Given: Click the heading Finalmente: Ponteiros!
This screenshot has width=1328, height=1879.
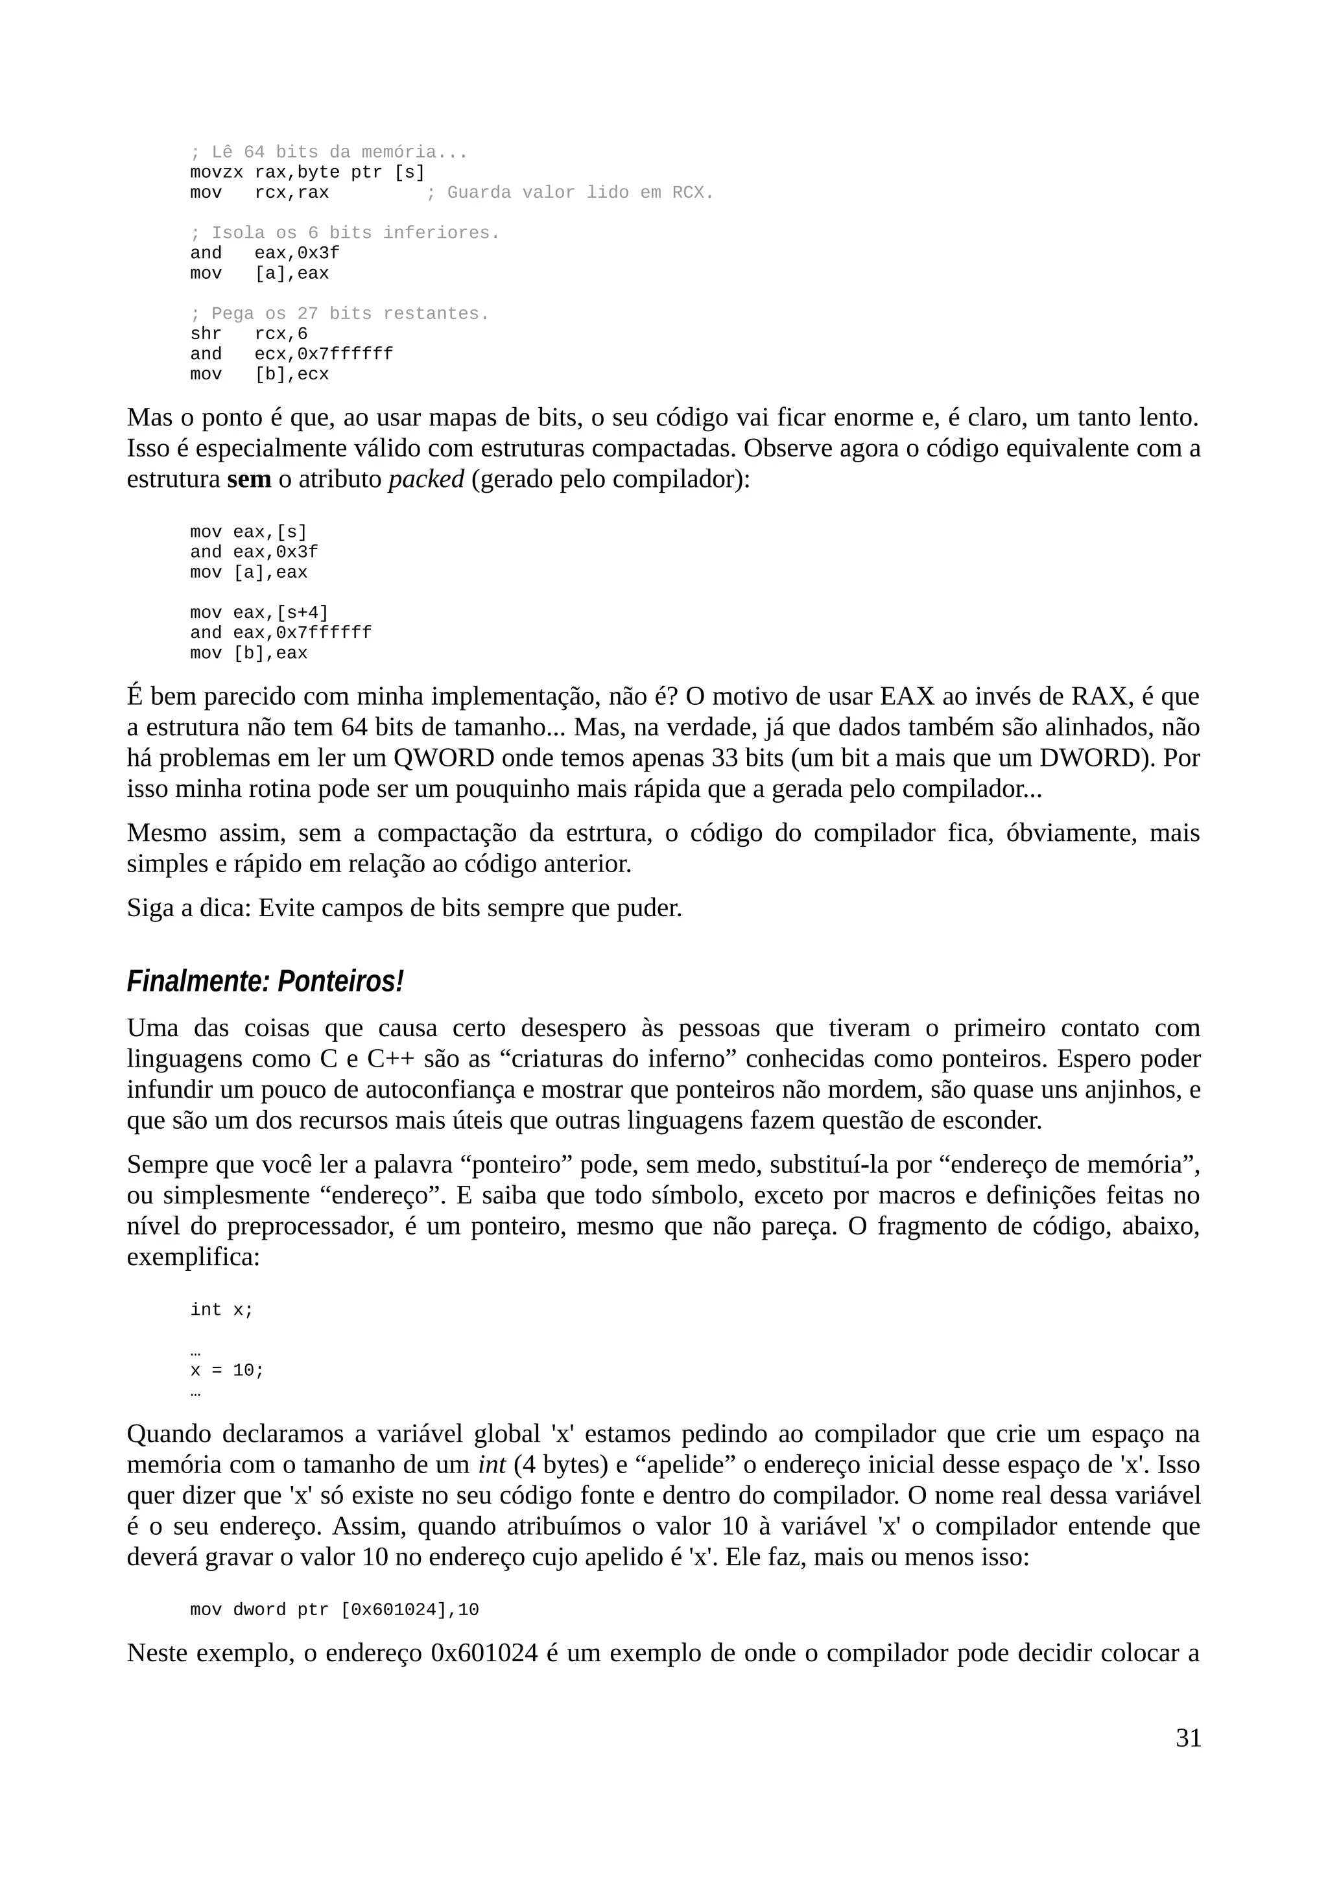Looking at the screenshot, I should [x=265, y=981].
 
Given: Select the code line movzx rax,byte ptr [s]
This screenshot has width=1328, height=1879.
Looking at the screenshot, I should [x=307, y=172].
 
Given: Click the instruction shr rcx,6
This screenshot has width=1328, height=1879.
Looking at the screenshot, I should [x=249, y=334].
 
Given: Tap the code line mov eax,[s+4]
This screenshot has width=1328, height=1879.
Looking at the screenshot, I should [x=259, y=613].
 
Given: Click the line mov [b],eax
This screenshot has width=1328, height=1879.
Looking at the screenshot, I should [x=249, y=653].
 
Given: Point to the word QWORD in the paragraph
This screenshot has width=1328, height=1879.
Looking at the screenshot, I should [x=444, y=758].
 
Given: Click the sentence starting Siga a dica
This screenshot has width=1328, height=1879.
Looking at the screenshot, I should [x=404, y=908].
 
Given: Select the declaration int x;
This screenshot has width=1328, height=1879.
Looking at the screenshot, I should [x=222, y=1310].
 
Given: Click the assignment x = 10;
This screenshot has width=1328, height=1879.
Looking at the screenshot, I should [x=227, y=1370].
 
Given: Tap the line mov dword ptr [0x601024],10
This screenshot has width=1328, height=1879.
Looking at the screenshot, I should [x=334, y=1610].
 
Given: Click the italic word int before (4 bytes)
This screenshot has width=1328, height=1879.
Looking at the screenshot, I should [x=492, y=1465].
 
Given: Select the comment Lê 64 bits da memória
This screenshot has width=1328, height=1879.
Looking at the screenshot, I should [x=328, y=152].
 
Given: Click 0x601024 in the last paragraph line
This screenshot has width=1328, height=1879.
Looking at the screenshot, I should [x=484, y=1653].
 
